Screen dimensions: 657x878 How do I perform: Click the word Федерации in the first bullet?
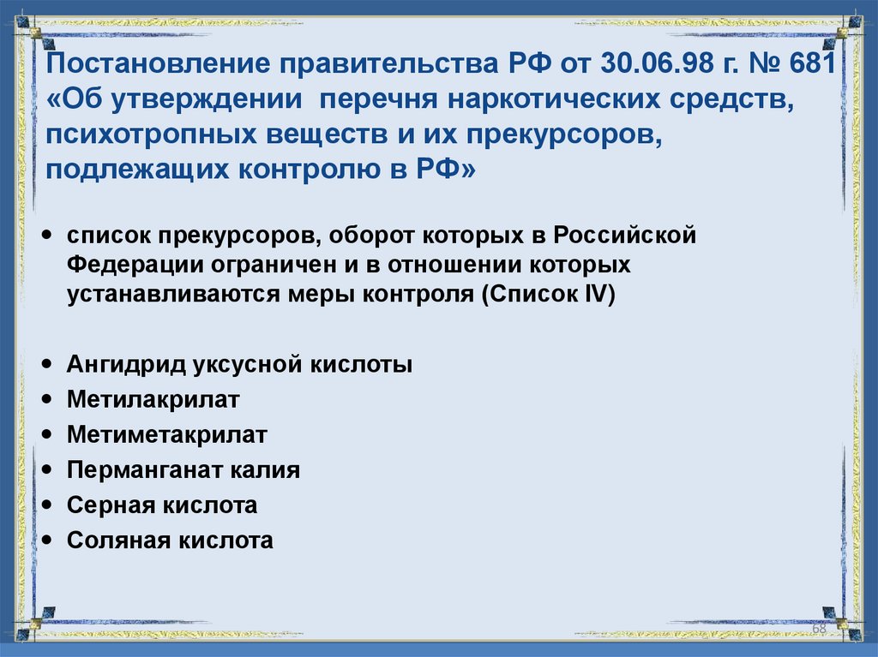(128, 265)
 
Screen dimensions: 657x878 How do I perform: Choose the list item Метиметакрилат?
(166, 435)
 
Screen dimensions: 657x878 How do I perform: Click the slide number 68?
(818, 629)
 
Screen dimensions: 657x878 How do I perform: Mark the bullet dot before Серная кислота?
(46, 505)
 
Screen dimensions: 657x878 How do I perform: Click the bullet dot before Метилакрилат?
(46, 399)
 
